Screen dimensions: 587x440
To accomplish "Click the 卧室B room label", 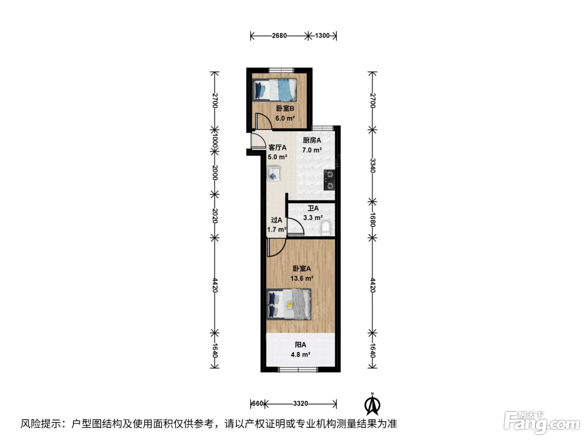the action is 285,109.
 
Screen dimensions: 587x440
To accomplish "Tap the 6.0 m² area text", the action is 285,118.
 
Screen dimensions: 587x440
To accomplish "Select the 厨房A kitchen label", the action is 312,140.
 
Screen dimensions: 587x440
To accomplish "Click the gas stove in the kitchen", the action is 329,180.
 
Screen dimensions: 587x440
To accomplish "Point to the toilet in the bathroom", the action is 326,228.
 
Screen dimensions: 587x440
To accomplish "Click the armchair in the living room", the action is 273,173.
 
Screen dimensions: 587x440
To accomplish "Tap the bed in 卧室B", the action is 274,90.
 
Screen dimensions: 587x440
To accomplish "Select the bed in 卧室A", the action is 289,304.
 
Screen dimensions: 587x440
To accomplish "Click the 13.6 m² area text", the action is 301,278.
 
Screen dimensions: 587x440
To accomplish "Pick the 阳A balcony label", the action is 300,345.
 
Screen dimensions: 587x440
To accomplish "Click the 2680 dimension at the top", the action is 279,36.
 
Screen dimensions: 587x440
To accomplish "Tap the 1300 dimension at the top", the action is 322,36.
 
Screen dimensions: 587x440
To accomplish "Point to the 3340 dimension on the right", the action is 373,166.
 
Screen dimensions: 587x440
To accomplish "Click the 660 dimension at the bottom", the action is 258,404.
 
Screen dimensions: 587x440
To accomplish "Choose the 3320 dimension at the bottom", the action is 300,404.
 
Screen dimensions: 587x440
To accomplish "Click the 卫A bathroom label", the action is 313,208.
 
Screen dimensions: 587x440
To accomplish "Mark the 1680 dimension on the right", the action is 373,220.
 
